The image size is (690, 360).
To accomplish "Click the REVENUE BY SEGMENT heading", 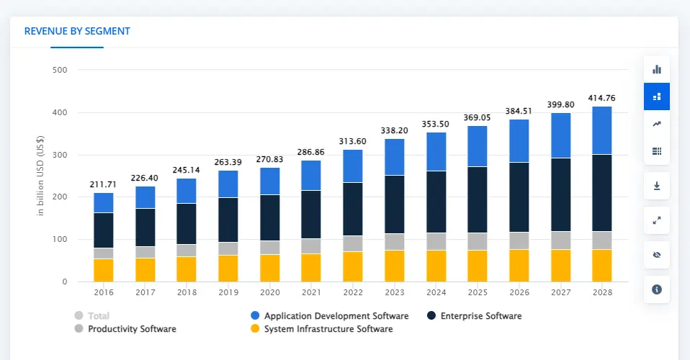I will (77, 32).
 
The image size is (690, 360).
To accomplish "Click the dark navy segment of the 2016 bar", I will (103, 230).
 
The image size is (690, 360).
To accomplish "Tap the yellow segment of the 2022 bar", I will (353, 266).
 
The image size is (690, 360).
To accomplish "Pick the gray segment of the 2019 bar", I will (228, 248).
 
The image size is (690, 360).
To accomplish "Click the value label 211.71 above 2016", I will (103, 184).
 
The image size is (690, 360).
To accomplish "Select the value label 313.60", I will (353, 141).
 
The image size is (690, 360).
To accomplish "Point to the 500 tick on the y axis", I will (60, 71).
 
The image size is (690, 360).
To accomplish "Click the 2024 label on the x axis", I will (436, 292).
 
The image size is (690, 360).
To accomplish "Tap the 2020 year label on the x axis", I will (269, 292).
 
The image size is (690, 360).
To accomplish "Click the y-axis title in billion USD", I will (40, 176).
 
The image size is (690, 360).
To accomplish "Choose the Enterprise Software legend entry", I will (475, 316).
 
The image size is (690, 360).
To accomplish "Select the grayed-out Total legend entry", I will (93, 316).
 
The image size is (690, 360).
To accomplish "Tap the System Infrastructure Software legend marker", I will (254, 329).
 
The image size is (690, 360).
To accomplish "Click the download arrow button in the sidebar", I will (656, 186).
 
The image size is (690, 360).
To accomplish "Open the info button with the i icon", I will (656, 289).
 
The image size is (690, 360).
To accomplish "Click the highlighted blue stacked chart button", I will (656, 96).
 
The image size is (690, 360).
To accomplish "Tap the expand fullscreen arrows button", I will (656, 220).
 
